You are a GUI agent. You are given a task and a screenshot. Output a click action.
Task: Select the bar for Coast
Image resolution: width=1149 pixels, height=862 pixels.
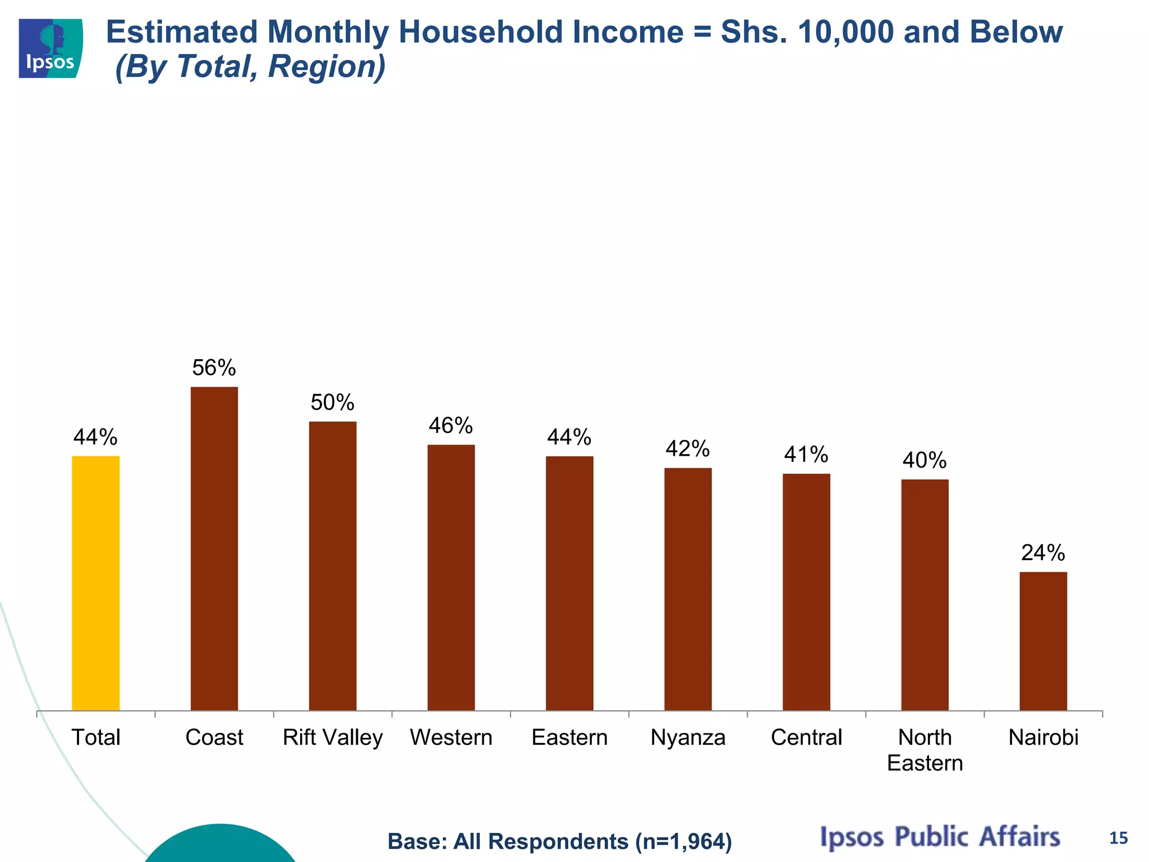click(x=214, y=548)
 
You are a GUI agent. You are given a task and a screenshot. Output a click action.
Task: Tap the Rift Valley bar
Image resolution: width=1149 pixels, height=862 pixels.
click(x=333, y=566)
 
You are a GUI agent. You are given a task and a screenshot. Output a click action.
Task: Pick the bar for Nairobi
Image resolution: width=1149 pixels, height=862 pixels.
click(x=1043, y=641)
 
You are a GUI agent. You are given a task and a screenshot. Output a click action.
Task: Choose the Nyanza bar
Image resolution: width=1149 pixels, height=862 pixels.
click(x=688, y=589)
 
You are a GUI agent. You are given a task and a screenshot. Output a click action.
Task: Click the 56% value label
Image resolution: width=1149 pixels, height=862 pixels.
click(x=214, y=368)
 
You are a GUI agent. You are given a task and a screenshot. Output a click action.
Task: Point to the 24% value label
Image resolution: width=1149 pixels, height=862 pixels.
click(x=1043, y=553)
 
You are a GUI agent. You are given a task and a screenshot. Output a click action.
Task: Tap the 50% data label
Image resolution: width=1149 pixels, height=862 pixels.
click(x=333, y=403)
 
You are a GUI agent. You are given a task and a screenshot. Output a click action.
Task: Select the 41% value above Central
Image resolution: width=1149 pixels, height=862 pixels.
click(x=806, y=455)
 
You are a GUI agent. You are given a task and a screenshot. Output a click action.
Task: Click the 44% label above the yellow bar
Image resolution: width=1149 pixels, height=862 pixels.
click(x=95, y=437)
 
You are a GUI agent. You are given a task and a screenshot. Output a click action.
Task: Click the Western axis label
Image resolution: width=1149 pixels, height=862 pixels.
click(x=451, y=737)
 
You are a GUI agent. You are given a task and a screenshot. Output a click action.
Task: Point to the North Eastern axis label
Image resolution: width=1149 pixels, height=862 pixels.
click(x=925, y=750)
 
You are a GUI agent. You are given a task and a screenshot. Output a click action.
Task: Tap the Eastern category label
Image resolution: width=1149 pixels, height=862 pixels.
click(x=569, y=737)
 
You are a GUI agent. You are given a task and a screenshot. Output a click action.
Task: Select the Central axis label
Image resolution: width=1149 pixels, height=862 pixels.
click(x=806, y=737)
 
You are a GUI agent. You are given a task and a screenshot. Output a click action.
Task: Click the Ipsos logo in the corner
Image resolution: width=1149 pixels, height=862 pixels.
click(x=50, y=48)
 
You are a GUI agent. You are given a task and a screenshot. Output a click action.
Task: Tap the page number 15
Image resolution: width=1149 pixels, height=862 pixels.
click(x=1118, y=838)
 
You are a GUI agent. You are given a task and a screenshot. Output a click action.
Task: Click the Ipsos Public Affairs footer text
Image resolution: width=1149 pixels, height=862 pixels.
click(x=940, y=836)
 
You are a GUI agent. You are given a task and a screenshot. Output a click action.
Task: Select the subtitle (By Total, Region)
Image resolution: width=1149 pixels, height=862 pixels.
click(x=250, y=66)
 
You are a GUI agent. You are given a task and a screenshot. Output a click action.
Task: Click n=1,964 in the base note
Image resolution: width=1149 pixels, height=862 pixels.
click(x=683, y=842)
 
